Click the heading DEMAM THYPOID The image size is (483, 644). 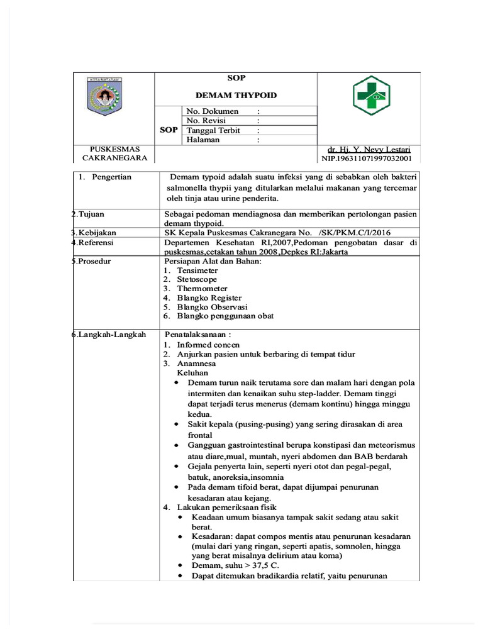pyautogui.click(x=236, y=96)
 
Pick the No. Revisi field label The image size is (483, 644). pyautogui.click(x=206, y=121)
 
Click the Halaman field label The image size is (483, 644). pyautogui.click(x=203, y=140)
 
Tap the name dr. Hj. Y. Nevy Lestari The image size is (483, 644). pyautogui.click(x=369, y=150)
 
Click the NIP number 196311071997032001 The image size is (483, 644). pyautogui.click(x=367, y=159)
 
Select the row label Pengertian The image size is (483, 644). pyautogui.click(x=111, y=177)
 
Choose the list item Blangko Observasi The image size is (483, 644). pyautogui.click(x=212, y=307)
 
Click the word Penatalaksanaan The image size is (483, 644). pyautogui.click(x=195, y=335)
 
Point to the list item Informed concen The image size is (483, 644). pyautogui.click(x=208, y=345)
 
